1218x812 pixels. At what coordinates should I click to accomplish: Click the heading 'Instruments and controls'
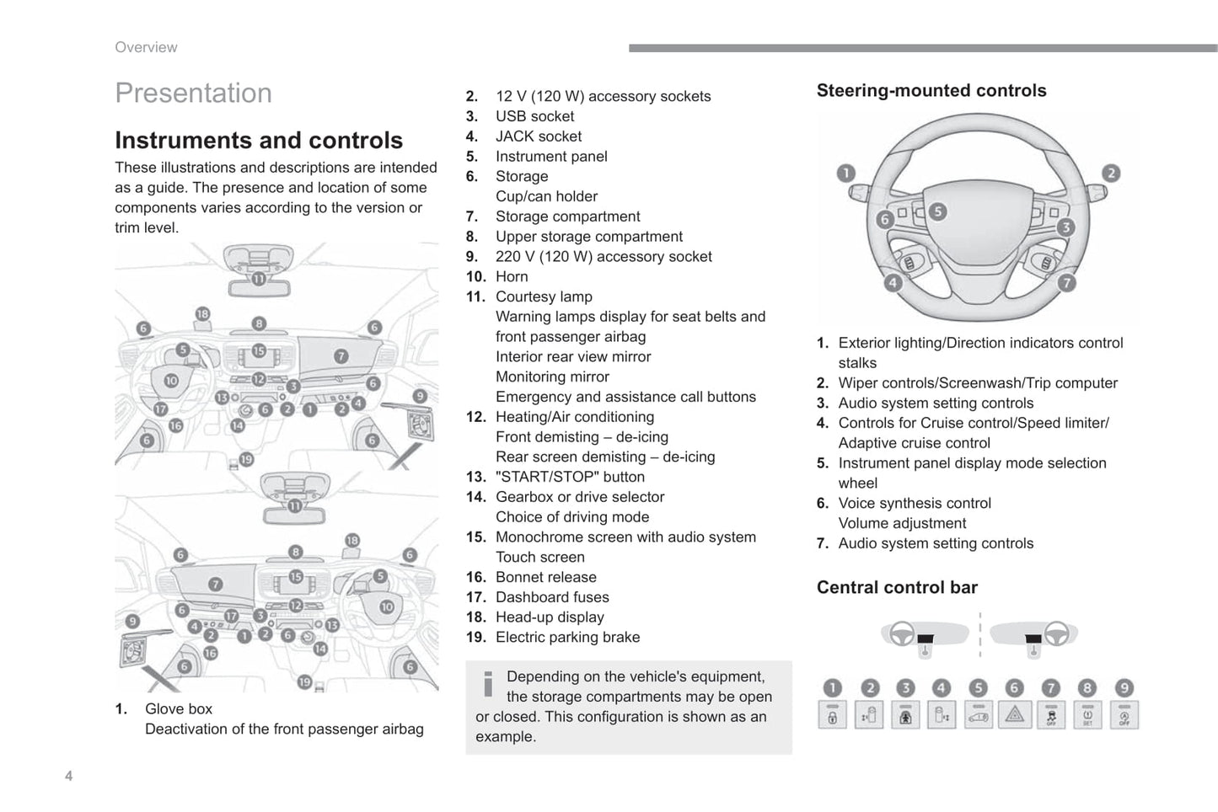[259, 140]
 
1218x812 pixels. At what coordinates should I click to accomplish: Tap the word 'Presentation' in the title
[193, 93]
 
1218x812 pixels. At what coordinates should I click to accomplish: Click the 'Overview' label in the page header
[146, 47]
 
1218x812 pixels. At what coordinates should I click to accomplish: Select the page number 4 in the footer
[69, 776]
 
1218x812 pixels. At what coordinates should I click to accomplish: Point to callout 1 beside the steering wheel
[845, 174]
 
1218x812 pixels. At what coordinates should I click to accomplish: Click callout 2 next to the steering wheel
[1111, 174]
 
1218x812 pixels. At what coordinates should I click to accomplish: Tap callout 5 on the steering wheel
[937, 211]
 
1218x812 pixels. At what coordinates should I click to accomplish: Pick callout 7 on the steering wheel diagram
[1066, 283]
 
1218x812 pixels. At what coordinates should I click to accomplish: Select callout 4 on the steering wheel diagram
[893, 283]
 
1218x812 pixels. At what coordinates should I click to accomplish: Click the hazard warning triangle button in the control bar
[1014, 715]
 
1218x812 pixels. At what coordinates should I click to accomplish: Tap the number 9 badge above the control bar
[1124, 688]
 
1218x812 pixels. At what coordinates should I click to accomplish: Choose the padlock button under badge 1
[832, 715]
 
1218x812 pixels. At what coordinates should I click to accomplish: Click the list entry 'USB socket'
[534, 116]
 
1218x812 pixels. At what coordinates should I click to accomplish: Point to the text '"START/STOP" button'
[570, 477]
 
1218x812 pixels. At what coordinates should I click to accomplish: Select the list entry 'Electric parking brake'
[567, 637]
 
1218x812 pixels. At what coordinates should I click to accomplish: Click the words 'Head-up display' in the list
[550, 617]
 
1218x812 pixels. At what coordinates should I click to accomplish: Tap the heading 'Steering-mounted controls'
[931, 90]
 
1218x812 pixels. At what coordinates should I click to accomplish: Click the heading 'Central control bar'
[897, 587]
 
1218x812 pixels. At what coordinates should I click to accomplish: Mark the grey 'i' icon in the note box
[487, 684]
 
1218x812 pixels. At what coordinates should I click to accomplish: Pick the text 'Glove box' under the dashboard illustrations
[179, 708]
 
